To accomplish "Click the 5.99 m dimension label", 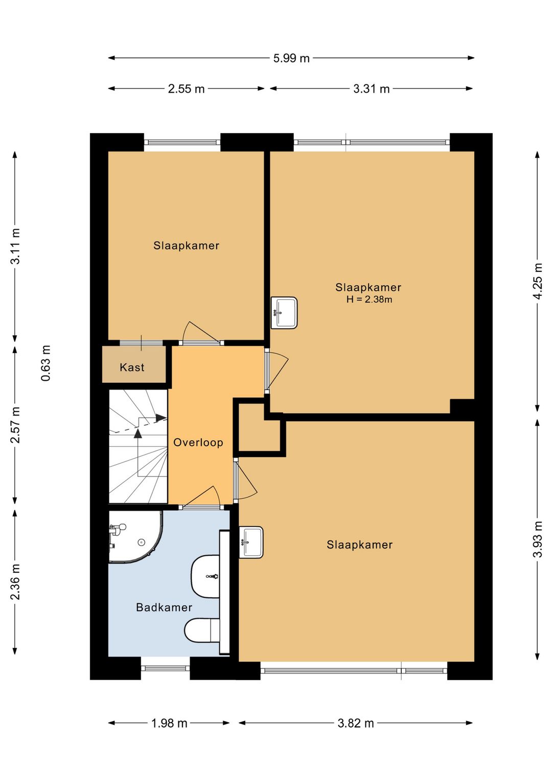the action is pyautogui.click(x=291, y=58).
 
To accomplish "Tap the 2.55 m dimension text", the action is pyautogui.click(x=186, y=89).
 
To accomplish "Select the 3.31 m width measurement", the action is pyautogui.click(x=371, y=89).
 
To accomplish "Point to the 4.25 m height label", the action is pyautogui.click(x=538, y=281).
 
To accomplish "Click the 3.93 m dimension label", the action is pyautogui.click(x=538, y=539).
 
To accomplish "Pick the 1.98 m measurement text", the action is pyautogui.click(x=169, y=723).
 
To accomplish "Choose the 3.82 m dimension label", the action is pyautogui.click(x=356, y=723).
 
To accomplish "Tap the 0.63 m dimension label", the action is pyautogui.click(x=45, y=363).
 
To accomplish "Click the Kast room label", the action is pyautogui.click(x=132, y=367).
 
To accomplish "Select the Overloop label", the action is pyautogui.click(x=198, y=443).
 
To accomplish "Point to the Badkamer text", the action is pyautogui.click(x=164, y=608).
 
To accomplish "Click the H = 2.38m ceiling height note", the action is pyautogui.click(x=369, y=299).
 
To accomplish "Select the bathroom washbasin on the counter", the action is pyautogui.click(x=205, y=576).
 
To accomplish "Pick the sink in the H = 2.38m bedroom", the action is pyautogui.click(x=284, y=313).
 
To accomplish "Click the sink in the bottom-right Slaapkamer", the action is pyautogui.click(x=251, y=542).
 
